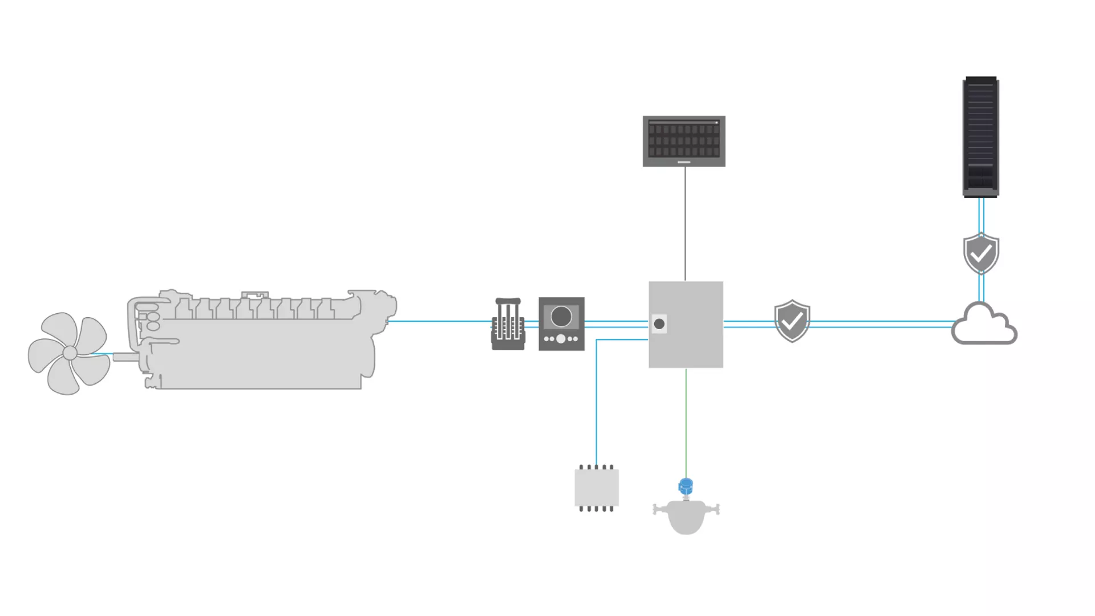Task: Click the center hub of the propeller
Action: [70, 353]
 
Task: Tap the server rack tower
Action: [980, 137]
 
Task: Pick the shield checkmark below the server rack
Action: [981, 253]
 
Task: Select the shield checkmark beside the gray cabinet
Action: [792, 321]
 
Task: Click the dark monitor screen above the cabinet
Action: [684, 140]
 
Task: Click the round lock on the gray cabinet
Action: [659, 324]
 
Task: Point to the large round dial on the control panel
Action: [561, 317]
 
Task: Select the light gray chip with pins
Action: [597, 488]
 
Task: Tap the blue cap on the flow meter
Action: [686, 487]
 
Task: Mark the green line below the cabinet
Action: [686, 422]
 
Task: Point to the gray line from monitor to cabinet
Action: [685, 222]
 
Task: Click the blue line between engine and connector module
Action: [439, 321]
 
